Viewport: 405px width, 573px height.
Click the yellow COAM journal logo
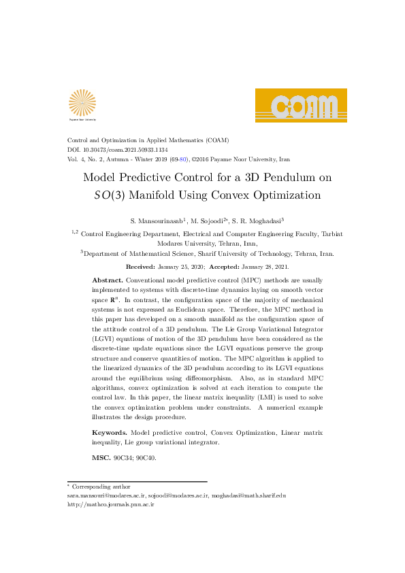pyautogui.click(x=301, y=105)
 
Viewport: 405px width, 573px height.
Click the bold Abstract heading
pyautogui.click(x=108, y=280)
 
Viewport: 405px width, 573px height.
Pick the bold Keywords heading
pyautogui.click(x=110, y=433)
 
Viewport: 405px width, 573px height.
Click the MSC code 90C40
pyautogui.click(x=146, y=458)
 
